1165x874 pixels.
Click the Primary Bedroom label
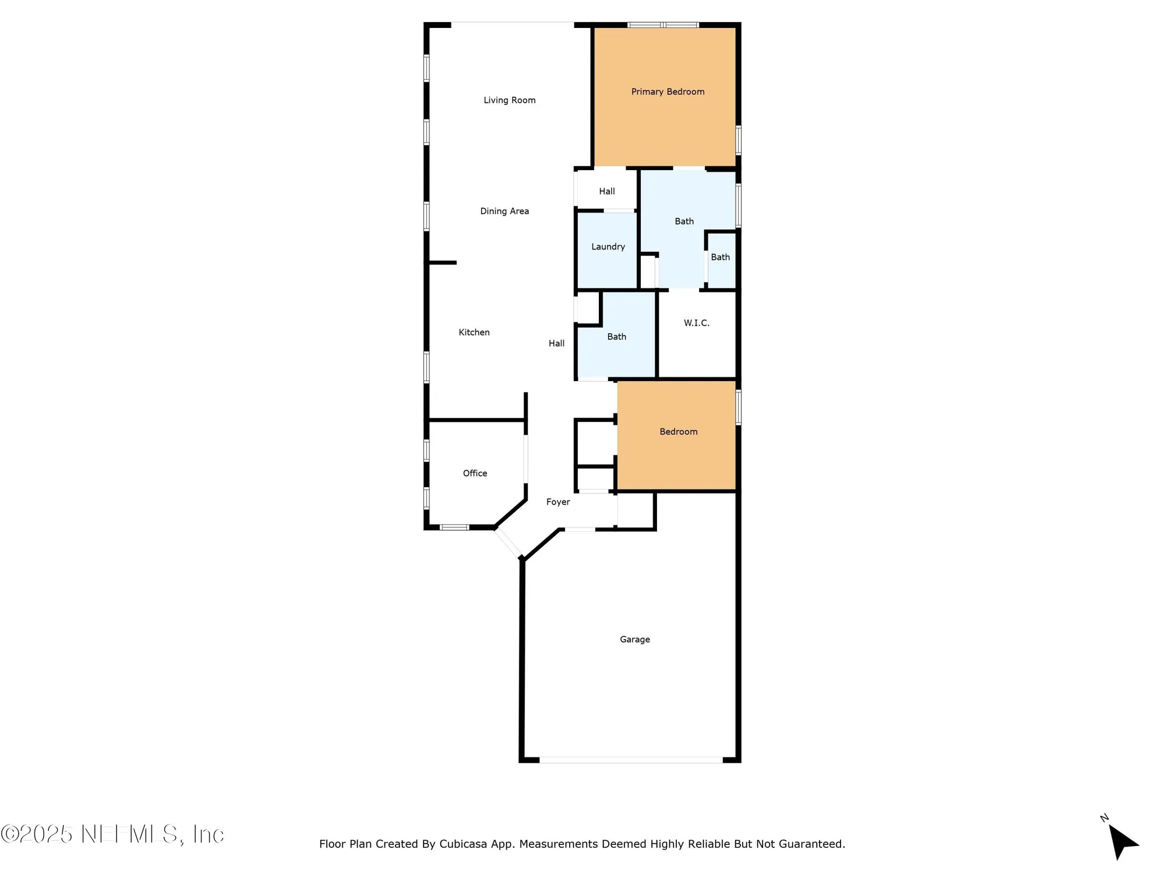668,91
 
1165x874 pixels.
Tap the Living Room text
509,100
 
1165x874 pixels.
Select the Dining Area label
504,211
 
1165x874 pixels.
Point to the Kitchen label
474,332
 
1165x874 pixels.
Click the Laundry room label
608,246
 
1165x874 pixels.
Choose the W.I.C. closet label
696,323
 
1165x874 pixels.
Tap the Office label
475,473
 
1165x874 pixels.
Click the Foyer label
557,502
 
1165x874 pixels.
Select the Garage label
634,639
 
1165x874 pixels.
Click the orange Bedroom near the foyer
678,432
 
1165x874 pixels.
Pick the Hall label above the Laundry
606,191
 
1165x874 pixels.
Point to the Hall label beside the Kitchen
556,343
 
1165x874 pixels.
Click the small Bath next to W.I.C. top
720,257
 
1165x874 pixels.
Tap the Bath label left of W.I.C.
616,337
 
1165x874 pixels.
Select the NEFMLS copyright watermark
112,834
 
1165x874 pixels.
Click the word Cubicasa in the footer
463,844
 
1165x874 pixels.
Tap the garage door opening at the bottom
631,760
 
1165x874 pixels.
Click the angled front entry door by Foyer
509,543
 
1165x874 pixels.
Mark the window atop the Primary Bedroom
663,25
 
